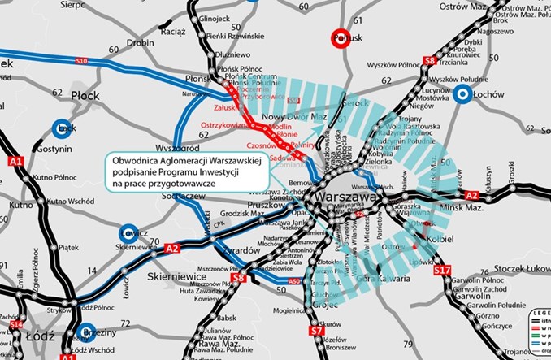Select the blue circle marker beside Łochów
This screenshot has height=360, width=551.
(463, 94)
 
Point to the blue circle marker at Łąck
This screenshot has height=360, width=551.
(60, 128)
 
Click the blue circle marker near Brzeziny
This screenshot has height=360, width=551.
(87, 332)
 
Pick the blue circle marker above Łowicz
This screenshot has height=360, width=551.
(128, 233)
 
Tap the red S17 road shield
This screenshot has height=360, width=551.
(442, 268)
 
